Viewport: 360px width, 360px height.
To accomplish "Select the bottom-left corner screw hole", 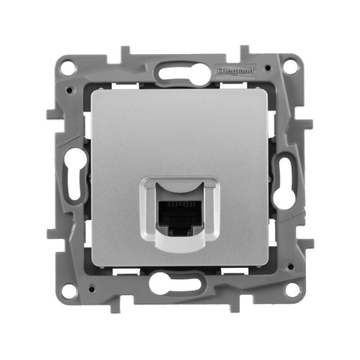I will (69, 290).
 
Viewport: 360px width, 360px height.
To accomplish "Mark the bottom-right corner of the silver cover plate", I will (266, 265).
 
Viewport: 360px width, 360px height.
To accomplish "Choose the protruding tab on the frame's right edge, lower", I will (308, 234).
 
